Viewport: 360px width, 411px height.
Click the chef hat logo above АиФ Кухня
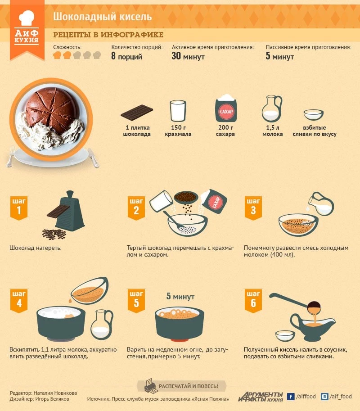pyautogui.click(x=27, y=18)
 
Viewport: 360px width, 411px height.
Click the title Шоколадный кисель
pyautogui.click(x=103, y=17)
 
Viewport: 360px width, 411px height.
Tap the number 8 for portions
pyautogui.click(x=113, y=56)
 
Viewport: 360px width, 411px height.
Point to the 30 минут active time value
pyautogui.click(x=188, y=56)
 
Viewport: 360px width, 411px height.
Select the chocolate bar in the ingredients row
pyautogui.click(x=137, y=112)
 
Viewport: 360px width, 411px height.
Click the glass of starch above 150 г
pyautogui.click(x=178, y=111)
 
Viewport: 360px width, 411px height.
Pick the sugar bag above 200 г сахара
pyautogui.click(x=226, y=108)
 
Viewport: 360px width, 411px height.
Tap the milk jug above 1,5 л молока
pyautogui.click(x=272, y=108)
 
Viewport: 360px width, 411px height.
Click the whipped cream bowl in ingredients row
pyautogui.click(x=313, y=115)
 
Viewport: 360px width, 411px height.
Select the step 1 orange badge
pyautogui.click(x=19, y=208)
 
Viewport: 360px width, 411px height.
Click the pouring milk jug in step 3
pyautogui.click(x=321, y=204)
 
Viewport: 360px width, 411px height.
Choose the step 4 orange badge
pyautogui.click(x=19, y=301)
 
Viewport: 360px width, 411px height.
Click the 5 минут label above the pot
pyautogui.click(x=180, y=297)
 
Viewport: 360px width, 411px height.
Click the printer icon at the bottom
pyautogui.click(x=151, y=386)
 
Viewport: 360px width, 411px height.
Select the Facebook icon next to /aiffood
pyautogui.click(x=291, y=397)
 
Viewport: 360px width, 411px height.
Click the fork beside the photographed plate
pyautogui.click(x=10, y=156)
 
